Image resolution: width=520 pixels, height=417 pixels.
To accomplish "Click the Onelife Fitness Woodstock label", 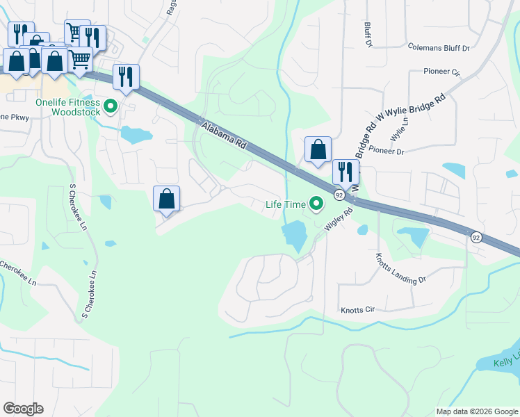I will (67, 108).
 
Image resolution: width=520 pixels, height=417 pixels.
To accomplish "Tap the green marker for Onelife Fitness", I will (111, 107).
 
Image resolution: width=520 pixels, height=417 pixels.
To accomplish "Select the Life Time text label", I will (285, 204).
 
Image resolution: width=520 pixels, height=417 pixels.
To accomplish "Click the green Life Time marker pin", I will (317, 204).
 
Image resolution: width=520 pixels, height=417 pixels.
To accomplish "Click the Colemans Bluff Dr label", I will (439, 48).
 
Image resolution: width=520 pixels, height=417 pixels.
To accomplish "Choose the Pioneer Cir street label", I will (442, 72).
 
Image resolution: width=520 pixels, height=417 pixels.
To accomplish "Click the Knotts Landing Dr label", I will (400, 270).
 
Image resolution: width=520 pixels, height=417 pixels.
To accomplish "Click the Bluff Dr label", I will (368, 34).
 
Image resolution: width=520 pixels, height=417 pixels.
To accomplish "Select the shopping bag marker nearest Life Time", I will (318, 150).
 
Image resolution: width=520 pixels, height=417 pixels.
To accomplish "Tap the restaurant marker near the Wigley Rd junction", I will (346, 172).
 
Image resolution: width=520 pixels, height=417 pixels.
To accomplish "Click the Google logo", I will (23, 409).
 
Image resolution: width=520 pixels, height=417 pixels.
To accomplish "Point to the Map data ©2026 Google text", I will (476, 411).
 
